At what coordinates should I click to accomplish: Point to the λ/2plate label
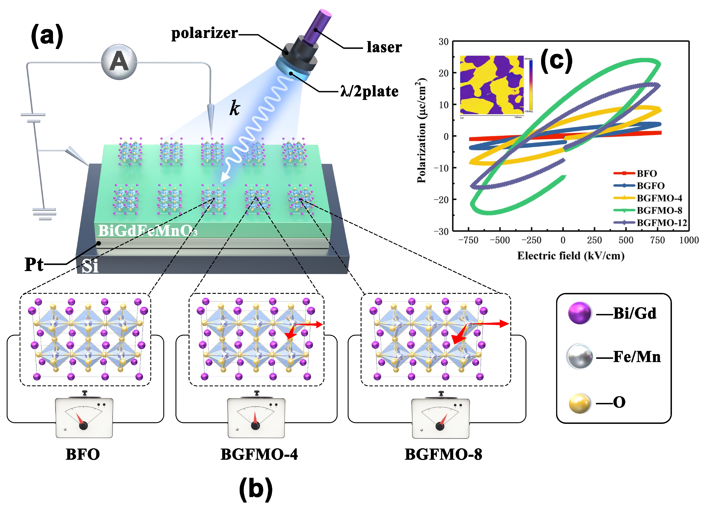click(x=369, y=92)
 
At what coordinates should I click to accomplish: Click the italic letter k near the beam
click(x=235, y=109)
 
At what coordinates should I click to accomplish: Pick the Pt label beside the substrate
click(x=34, y=265)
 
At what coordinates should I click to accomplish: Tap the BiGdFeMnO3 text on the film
click(x=148, y=231)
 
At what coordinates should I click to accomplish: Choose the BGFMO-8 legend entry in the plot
click(x=659, y=211)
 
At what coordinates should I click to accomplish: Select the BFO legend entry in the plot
click(x=647, y=174)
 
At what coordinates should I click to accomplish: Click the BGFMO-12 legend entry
click(x=662, y=223)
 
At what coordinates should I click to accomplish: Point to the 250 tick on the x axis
click(x=594, y=240)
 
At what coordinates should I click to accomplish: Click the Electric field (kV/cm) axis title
click(x=571, y=256)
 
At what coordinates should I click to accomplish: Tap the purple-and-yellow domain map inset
click(x=492, y=85)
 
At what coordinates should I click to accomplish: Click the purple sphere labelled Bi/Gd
click(x=579, y=313)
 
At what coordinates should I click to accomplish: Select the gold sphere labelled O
click(x=579, y=403)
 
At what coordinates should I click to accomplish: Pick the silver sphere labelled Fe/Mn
click(x=579, y=356)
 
